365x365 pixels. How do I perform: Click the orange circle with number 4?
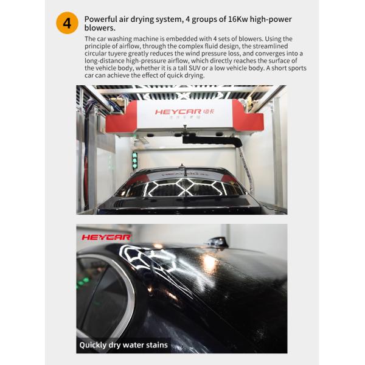67,23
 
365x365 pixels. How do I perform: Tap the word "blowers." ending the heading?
100,28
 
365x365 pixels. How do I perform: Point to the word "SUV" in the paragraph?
195,68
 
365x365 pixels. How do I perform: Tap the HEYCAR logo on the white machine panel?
184,112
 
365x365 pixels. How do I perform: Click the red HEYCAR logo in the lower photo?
106,237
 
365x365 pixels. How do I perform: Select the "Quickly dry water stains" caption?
123,345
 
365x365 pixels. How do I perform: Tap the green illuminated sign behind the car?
134,160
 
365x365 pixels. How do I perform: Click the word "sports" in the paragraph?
296,68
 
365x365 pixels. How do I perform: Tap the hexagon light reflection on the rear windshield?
184,187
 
